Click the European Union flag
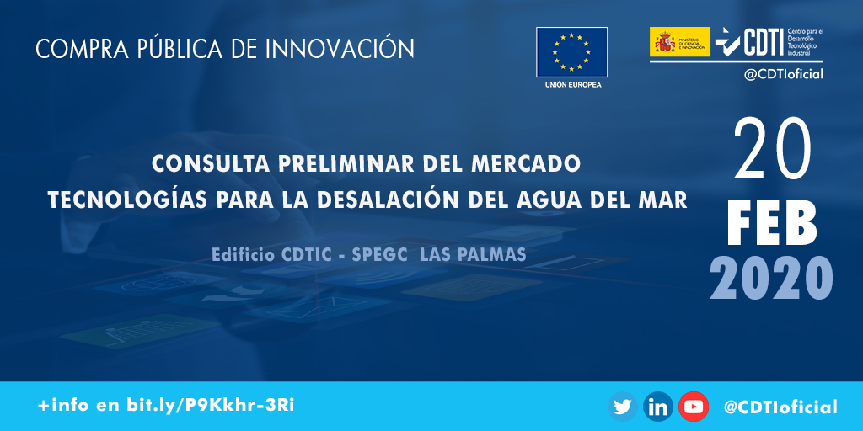click(571, 52)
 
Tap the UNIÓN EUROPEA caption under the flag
click(572, 85)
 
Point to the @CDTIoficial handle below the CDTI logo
click(783, 74)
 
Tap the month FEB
click(772, 223)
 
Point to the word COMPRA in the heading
click(75, 49)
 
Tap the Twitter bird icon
click(623, 407)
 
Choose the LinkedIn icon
click(658, 407)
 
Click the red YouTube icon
click(694, 407)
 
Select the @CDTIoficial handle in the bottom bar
click(780, 407)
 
